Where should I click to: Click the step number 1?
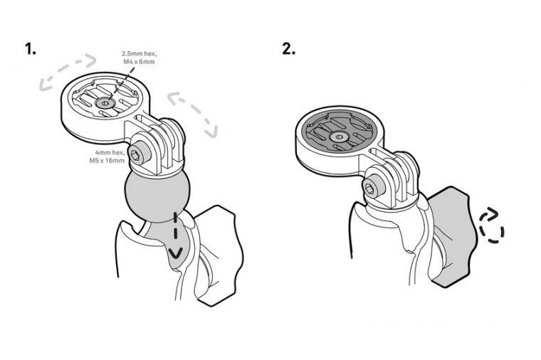point(31,49)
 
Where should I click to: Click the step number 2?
point(288,49)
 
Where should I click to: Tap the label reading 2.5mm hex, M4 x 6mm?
point(139,58)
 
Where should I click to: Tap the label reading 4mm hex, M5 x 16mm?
point(107,157)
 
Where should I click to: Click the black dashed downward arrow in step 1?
point(176,236)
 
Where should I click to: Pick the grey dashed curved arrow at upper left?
point(68,70)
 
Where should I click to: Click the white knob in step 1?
point(217,255)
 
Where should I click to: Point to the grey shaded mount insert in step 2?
point(333,133)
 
